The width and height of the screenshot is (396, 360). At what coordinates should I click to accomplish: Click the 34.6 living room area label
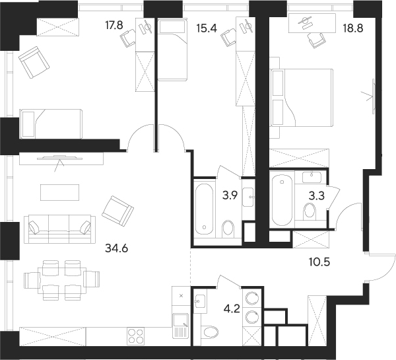point(117,249)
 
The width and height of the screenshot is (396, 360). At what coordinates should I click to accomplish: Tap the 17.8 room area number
point(116,27)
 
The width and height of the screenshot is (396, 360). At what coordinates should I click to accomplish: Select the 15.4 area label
point(209,28)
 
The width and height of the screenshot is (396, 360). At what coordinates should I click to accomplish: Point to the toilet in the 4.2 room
point(211,332)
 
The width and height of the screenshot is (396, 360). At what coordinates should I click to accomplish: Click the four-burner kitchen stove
point(136,336)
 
